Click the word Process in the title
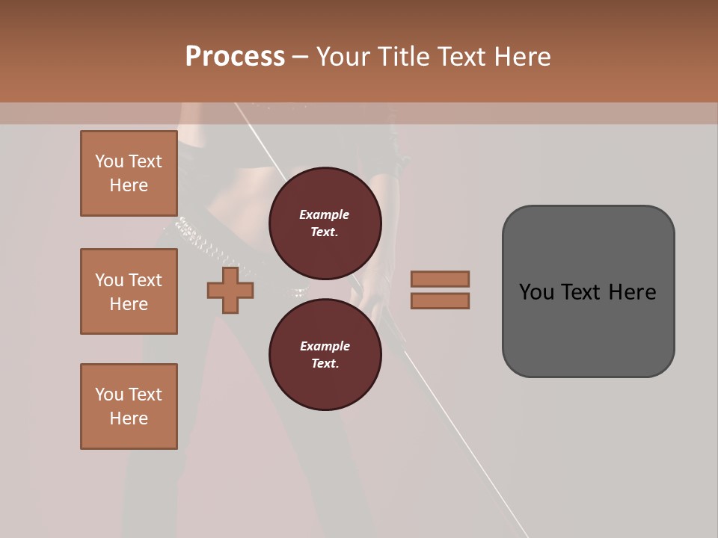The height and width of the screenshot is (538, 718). point(235,57)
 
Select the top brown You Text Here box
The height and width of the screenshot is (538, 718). point(129,173)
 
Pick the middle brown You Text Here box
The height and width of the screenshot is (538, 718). point(129,291)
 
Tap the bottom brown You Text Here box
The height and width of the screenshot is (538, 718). point(129,406)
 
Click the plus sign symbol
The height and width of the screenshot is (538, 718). point(230,290)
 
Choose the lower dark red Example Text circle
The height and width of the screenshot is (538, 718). point(325,355)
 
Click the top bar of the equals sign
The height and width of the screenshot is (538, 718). point(440,279)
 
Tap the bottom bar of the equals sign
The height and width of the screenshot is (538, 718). point(440,300)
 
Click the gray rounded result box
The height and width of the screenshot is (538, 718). point(588,321)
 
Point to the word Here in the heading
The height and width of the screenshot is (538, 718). point(523,57)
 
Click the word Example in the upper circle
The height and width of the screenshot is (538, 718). point(325,214)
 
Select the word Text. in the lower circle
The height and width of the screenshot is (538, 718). point(325,364)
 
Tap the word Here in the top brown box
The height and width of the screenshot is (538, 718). point(129,185)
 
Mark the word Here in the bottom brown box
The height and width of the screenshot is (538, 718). point(129,418)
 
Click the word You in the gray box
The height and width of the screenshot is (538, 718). point(536,291)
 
